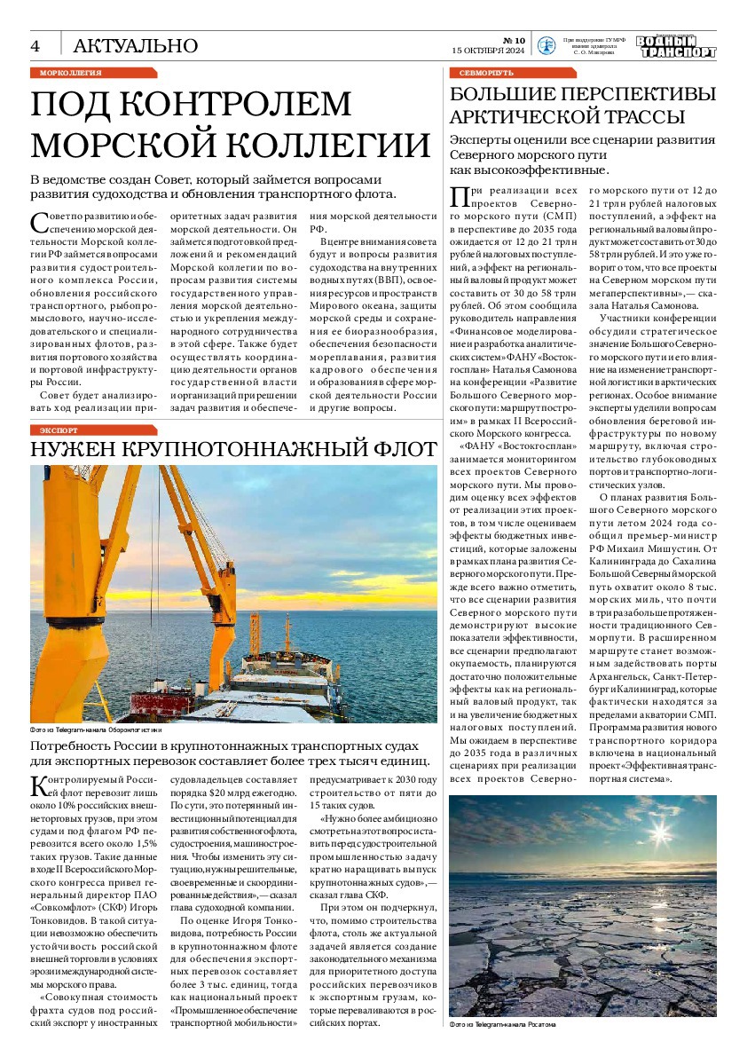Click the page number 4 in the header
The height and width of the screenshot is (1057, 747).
tap(36, 45)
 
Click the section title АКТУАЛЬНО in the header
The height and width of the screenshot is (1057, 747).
tap(135, 45)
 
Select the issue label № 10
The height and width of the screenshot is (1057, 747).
tap(515, 40)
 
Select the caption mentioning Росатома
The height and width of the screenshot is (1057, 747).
tap(503, 1024)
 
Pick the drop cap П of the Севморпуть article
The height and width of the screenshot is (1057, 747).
tap(460, 198)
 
